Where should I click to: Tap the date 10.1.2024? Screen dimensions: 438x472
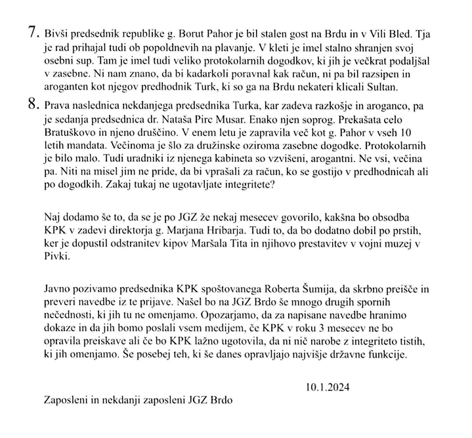click(x=327, y=387)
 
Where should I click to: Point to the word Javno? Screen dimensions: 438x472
click(x=57, y=288)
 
